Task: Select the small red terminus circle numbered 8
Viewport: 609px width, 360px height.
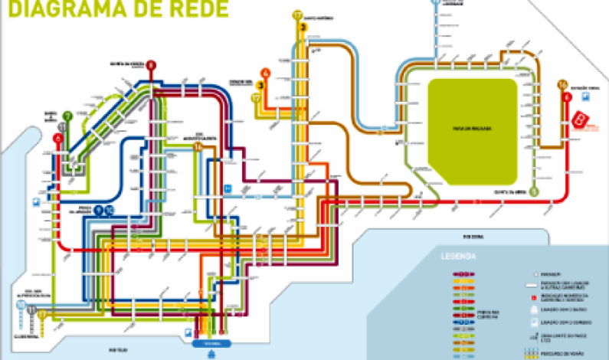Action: [x=151, y=66]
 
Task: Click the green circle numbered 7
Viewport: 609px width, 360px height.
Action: [x=67, y=116]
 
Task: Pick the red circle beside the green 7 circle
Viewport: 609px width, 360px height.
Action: [x=58, y=138]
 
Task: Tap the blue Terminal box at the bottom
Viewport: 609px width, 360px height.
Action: [x=201, y=344]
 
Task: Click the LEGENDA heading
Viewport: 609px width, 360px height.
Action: [x=457, y=257]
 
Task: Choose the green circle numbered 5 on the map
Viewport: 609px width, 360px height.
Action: [x=534, y=191]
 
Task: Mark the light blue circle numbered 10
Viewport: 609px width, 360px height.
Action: [x=21, y=307]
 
